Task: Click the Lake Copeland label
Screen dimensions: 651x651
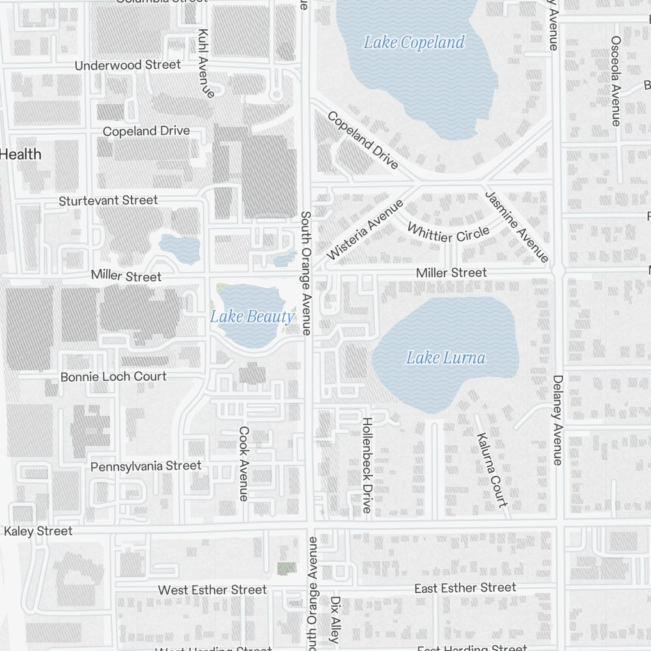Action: click(x=414, y=43)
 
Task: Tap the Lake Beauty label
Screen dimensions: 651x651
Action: click(x=252, y=317)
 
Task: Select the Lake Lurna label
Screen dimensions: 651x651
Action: click(x=446, y=357)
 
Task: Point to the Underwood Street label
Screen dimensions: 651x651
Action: click(x=128, y=65)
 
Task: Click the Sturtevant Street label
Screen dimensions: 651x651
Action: click(x=108, y=201)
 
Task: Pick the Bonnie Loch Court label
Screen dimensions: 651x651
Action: click(x=113, y=376)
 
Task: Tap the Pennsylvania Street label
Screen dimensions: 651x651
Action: click(x=146, y=466)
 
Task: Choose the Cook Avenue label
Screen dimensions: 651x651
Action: click(x=244, y=464)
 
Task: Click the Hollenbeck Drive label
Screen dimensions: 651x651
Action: click(x=367, y=465)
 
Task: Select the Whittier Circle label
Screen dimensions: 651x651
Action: click(x=448, y=232)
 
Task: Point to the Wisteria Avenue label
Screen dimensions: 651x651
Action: click(x=365, y=230)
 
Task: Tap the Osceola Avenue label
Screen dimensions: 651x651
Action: click(x=615, y=80)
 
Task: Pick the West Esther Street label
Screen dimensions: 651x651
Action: click(x=212, y=590)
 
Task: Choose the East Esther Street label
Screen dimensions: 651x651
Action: click(x=465, y=588)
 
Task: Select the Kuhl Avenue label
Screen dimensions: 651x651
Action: click(x=206, y=62)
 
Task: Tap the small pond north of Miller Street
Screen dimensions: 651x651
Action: click(x=180, y=248)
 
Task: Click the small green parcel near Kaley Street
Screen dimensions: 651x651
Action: click(x=286, y=568)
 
